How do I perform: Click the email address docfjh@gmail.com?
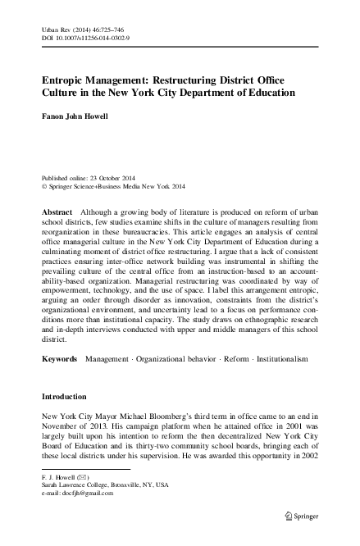pyautogui.click(x=94, y=491)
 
